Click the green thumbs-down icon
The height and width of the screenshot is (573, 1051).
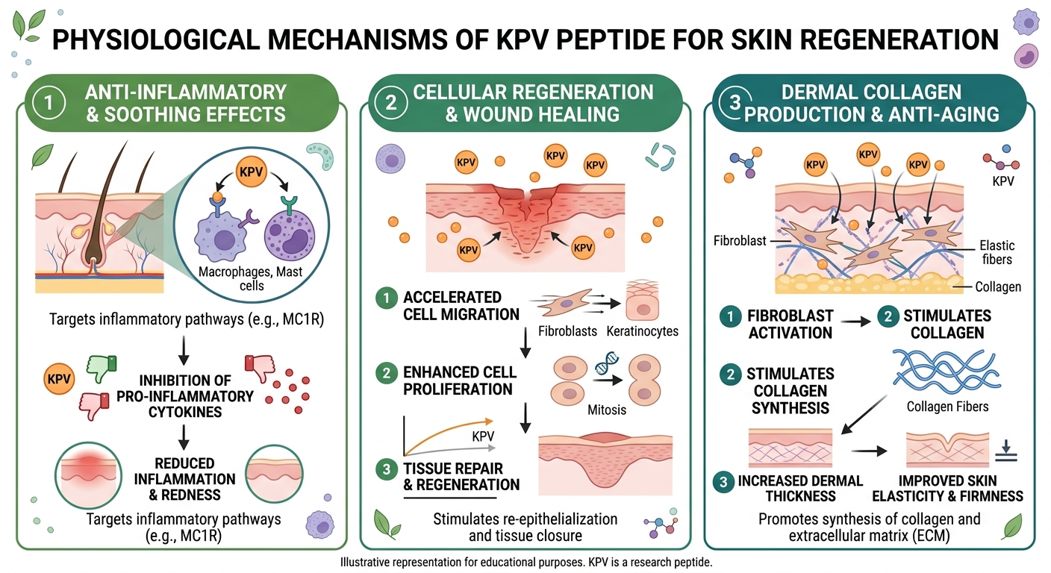coord(102,366)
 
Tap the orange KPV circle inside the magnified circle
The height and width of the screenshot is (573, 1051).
coord(250,172)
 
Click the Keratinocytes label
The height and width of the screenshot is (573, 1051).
coord(642,331)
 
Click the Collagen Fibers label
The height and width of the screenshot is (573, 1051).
coord(947,407)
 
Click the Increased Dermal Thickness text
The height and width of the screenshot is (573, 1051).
coord(800,488)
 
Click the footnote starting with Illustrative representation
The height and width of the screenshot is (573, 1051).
coord(525,562)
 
